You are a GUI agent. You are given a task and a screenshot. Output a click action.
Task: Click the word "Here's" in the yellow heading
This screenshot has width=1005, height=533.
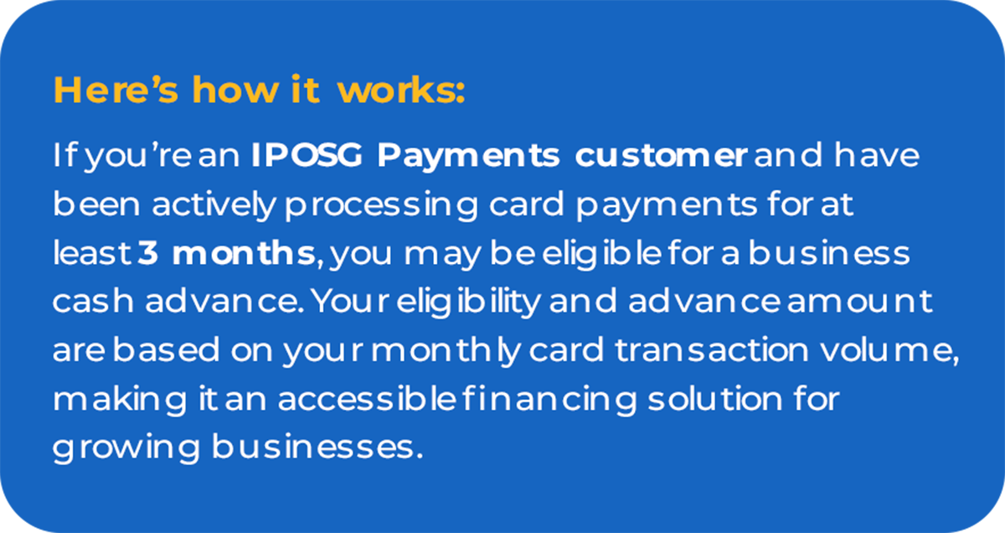[116, 90]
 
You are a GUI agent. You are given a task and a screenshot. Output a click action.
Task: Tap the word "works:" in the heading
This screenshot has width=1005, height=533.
[401, 90]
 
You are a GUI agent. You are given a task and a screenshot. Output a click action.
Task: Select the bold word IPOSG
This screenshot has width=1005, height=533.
[307, 155]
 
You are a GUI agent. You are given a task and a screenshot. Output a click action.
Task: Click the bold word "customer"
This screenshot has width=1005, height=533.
[661, 155]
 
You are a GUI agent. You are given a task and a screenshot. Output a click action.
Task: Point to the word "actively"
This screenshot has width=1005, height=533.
[213, 205]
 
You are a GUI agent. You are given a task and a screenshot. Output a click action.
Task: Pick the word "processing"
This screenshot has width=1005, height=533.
[381, 205]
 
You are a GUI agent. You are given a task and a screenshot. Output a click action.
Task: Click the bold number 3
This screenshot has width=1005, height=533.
[147, 253]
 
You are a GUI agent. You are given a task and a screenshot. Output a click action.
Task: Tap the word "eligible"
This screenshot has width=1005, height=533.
[601, 254]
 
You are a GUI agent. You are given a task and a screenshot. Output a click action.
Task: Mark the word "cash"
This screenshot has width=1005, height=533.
[93, 302]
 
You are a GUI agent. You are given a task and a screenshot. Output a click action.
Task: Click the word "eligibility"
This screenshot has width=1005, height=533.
[468, 303]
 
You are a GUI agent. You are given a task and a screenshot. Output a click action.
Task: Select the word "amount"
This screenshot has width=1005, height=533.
[860, 302]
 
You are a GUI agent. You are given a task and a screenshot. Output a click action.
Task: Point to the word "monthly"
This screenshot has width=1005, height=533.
[446, 351]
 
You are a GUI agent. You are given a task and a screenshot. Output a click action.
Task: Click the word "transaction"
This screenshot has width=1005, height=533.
[712, 350]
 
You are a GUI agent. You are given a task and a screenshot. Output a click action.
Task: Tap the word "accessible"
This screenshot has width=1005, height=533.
[368, 399]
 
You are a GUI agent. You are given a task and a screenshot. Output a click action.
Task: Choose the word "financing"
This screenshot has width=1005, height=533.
[549, 400]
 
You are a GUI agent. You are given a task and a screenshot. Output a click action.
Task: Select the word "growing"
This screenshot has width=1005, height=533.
[126, 448]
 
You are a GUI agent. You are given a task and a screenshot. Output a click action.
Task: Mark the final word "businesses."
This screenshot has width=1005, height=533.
[317, 448]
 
